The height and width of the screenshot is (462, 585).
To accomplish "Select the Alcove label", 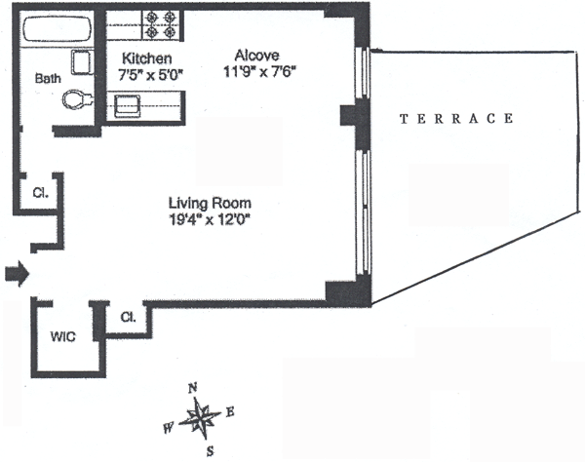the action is pyautogui.click(x=257, y=56).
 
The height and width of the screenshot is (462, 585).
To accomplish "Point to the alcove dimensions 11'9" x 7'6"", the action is pyautogui.click(x=257, y=71).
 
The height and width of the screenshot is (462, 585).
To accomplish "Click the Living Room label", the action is pyautogui.click(x=211, y=203).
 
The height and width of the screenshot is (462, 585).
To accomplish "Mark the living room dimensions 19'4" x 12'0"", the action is pyautogui.click(x=211, y=219).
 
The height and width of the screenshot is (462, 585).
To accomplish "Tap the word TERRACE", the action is pyautogui.click(x=457, y=119).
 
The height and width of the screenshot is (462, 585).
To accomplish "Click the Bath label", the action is pyautogui.click(x=46, y=79).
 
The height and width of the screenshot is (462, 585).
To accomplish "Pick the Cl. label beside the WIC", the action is pyautogui.click(x=127, y=317).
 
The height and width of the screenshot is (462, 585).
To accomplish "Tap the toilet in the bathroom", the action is pyautogui.click(x=75, y=98).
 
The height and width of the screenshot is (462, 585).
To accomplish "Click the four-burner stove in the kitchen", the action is pyautogui.click(x=163, y=23).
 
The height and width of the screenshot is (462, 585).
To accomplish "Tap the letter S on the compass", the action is pyautogui.click(x=209, y=451).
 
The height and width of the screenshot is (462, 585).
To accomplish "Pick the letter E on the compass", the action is pyautogui.click(x=230, y=411).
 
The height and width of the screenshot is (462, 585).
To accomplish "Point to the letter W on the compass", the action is pyautogui.click(x=170, y=427).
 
